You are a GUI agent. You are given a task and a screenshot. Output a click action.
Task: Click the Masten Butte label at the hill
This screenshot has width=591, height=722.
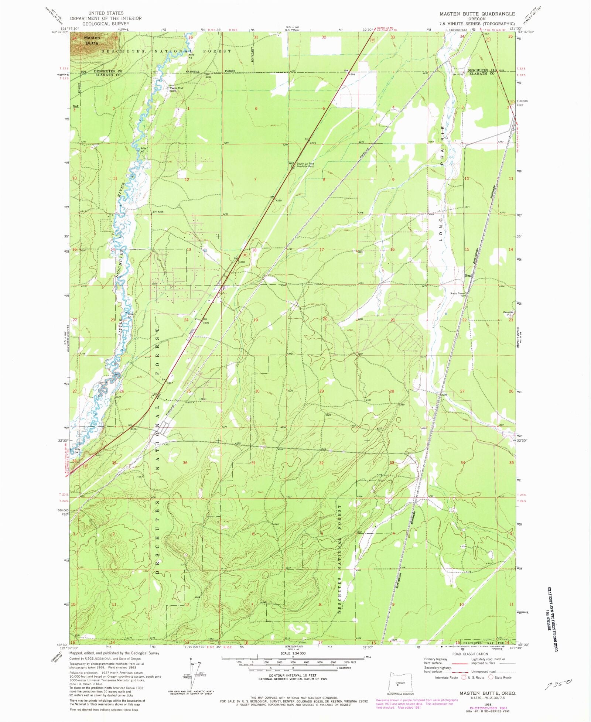tap(92, 40)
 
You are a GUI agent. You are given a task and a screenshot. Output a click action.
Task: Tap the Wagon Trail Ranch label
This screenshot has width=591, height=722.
tap(176, 89)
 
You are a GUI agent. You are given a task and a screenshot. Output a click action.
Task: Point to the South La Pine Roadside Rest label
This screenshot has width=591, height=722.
tap(305, 165)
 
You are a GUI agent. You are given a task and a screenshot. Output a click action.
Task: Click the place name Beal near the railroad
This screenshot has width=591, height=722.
tap(468, 276)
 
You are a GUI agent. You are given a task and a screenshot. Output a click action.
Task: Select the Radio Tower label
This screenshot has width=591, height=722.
tap(457, 294)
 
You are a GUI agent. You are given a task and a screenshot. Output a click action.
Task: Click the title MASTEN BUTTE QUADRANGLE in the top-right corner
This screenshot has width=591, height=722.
tap(477, 14)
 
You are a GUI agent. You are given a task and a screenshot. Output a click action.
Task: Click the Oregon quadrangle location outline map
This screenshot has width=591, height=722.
tap(400, 683)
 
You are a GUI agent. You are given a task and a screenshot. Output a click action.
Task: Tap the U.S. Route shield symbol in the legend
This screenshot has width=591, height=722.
tap(464, 677)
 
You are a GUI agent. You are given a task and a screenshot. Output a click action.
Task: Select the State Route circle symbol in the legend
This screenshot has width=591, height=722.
tap(491, 677)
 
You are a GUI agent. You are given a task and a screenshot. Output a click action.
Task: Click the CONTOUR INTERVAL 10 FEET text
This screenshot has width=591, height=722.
tap(292, 675)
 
